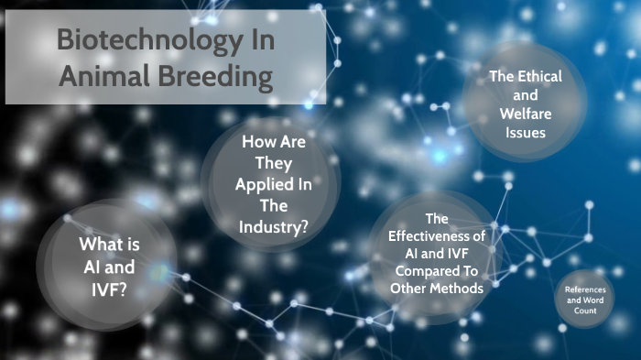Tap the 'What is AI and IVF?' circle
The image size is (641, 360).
click(x=107, y=266)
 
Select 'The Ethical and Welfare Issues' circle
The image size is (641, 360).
click(x=524, y=104)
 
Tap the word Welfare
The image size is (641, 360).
click(x=524, y=113)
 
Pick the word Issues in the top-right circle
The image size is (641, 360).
click(x=524, y=132)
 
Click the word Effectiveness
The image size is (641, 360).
click(x=437, y=236)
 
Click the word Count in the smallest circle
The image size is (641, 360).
click(x=586, y=311)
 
